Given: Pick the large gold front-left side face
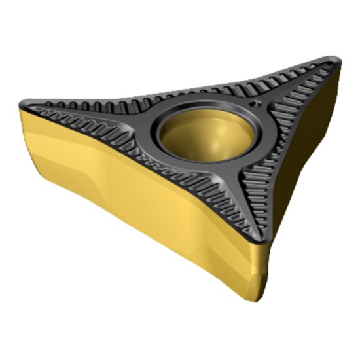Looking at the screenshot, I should tap(131, 196).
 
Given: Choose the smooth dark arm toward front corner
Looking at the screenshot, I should tap(242, 190).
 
